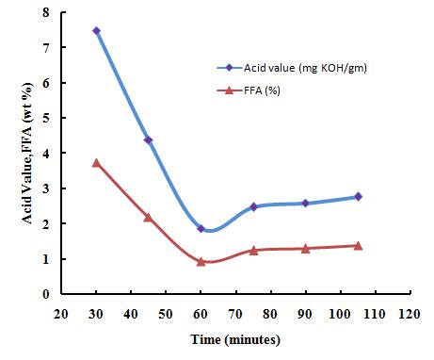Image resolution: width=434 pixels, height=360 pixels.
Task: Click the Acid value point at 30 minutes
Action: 96,31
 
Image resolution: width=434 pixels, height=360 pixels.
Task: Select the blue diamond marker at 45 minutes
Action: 148,140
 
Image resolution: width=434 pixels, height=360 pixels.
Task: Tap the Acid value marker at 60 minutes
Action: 201,228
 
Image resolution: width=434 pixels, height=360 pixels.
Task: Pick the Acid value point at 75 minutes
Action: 253,206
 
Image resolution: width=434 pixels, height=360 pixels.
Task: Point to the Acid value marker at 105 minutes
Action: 359,196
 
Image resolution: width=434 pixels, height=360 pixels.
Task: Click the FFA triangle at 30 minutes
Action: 96,163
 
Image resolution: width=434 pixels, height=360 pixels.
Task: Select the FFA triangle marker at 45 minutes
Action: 148,217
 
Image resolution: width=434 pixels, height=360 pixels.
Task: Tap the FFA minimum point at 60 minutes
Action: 201,261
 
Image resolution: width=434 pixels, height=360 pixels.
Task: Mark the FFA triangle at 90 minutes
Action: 306,248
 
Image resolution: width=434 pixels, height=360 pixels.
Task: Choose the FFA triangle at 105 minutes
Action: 359,245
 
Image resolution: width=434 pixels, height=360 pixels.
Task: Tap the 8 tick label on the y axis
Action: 45,12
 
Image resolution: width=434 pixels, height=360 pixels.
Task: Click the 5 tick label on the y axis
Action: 45,118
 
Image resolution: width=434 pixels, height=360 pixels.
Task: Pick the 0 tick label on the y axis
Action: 45,294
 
